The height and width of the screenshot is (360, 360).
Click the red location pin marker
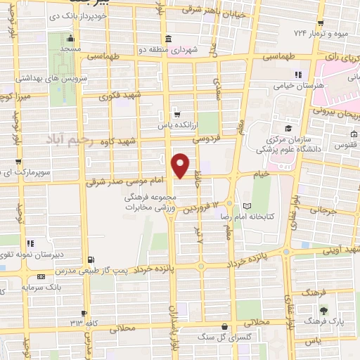point(181,165)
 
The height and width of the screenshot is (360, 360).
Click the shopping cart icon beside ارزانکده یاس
point(178,112)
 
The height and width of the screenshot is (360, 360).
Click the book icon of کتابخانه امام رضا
point(245,206)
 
